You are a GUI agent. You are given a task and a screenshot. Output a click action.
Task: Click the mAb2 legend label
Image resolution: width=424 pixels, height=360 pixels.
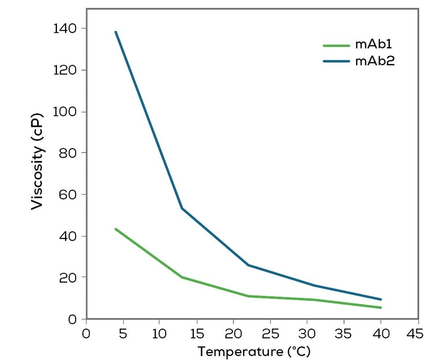[x=375, y=61]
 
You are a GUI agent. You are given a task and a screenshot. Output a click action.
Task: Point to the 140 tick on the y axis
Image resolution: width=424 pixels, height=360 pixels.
[x=67, y=28]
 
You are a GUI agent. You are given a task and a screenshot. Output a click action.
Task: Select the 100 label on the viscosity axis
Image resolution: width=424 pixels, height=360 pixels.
[x=67, y=112]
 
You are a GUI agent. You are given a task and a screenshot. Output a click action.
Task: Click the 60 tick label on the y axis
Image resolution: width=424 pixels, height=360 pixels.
[x=70, y=194]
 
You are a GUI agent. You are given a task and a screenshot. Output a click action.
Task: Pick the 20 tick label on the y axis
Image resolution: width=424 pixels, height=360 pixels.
[x=70, y=277]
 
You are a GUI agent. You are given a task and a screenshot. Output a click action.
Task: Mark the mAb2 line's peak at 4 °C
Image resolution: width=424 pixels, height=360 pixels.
[x=115, y=32]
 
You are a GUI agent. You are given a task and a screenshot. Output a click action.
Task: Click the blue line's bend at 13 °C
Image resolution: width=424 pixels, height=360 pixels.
[x=182, y=208]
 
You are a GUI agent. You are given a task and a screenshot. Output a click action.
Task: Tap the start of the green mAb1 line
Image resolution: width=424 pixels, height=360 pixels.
[x=115, y=229]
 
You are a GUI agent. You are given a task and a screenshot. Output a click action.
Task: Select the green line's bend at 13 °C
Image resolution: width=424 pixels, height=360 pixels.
[x=182, y=277]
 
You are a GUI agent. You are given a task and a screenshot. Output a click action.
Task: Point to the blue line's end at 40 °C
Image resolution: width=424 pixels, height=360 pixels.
[x=381, y=299]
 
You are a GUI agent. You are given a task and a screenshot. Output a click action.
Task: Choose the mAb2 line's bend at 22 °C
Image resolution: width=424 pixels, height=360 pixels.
[x=248, y=265]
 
